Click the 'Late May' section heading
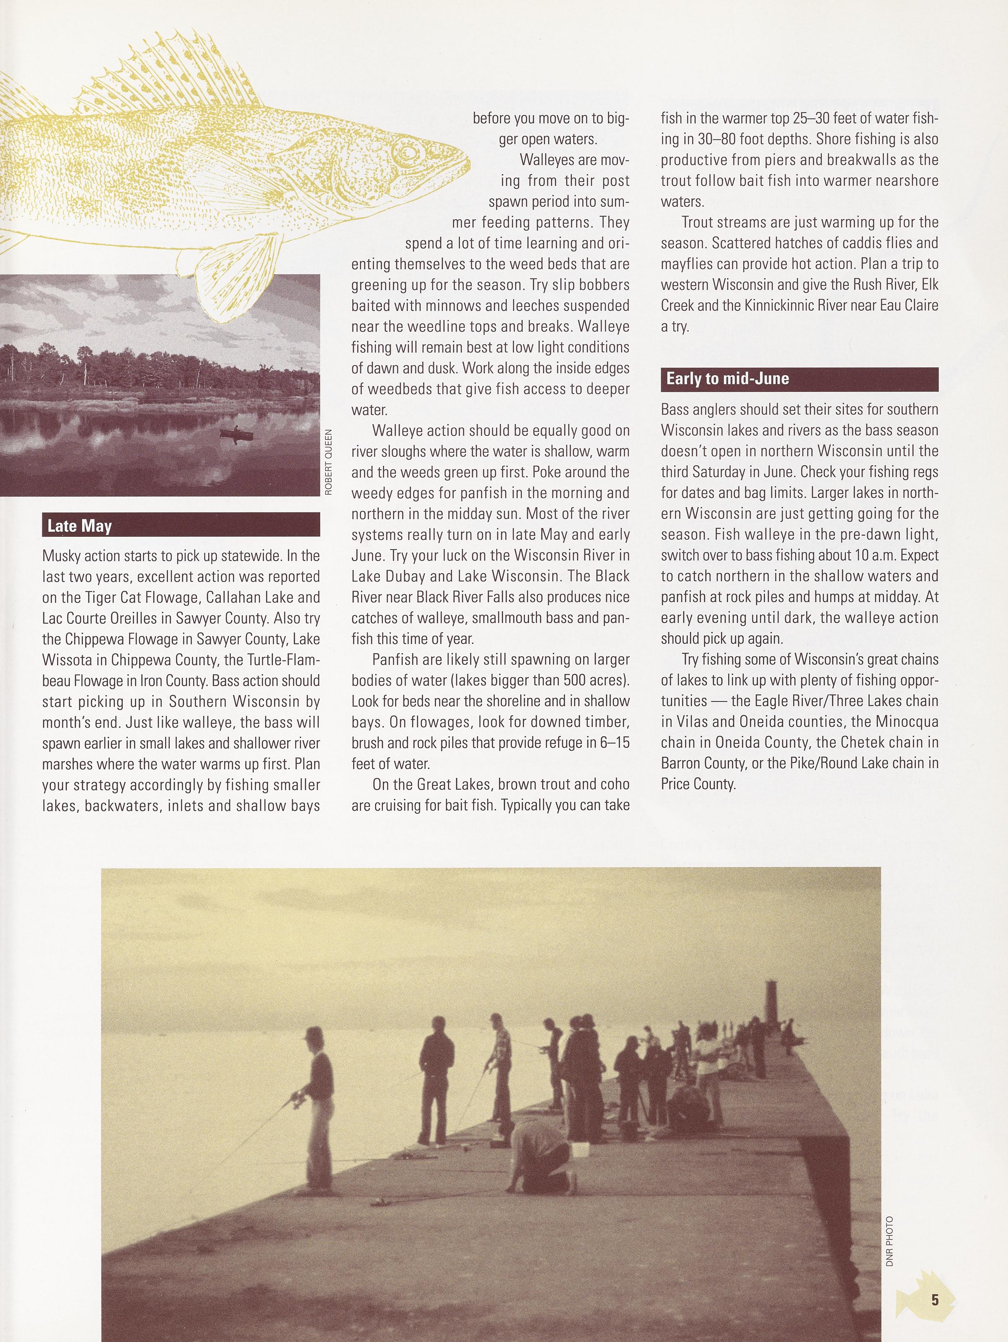(80, 525)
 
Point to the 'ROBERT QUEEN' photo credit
(328, 462)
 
